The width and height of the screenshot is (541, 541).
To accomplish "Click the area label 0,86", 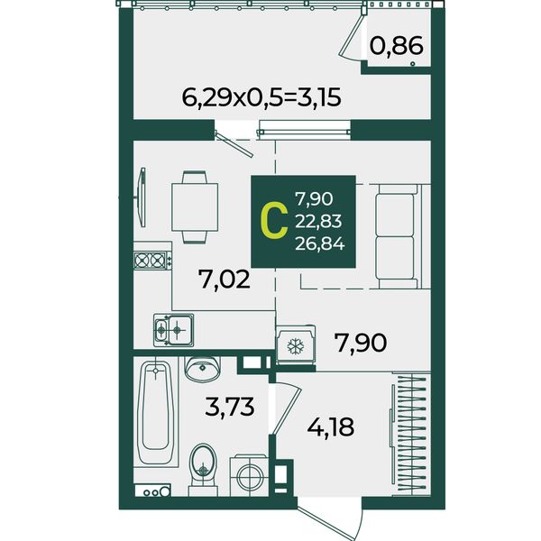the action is coord(397,46).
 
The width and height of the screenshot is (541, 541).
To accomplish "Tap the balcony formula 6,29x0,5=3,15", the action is coord(261,97).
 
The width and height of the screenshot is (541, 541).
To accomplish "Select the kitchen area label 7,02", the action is coord(224,280).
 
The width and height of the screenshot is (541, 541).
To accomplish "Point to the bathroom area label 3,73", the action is coord(229,407).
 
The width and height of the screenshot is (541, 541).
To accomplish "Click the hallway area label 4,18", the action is coord(331,427).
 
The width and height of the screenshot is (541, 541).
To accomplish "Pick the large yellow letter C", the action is coord(274,221).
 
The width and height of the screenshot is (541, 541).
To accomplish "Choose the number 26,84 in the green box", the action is coord(320,244).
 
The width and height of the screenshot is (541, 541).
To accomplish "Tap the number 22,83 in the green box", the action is coord(318,221).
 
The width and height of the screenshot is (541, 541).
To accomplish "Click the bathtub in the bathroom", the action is coord(155,412).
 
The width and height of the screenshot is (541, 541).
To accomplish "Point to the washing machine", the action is coord(249,475).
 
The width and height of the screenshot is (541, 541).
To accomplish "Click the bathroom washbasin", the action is coord(203,369).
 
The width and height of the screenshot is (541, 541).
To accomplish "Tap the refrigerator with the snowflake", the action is coord(296,345).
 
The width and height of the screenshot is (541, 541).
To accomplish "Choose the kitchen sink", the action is coord(173,330).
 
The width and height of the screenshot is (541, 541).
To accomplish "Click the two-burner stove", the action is coord(152,261).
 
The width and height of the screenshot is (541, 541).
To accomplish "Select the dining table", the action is coord(195,207).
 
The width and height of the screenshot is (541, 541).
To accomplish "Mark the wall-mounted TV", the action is coord(141,197).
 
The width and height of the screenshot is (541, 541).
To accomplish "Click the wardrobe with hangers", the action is coord(411,434).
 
